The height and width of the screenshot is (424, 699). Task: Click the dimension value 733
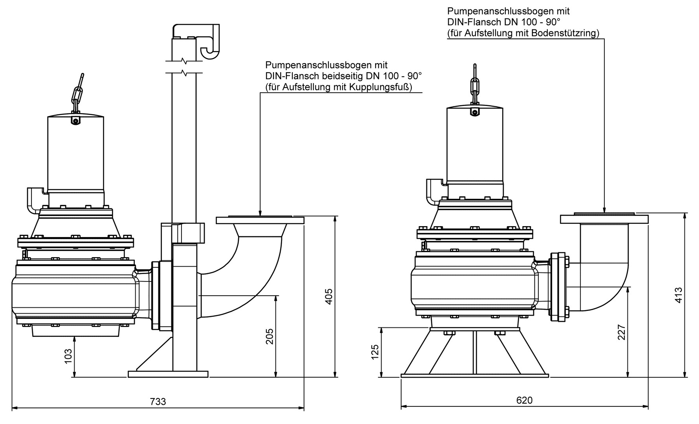coord(158,402)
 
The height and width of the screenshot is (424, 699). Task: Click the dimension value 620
coord(525,400)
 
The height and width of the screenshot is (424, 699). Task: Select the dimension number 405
coord(329,296)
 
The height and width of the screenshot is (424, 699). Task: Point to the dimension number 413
coord(678,296)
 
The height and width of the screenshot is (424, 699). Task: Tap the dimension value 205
coord(270,336)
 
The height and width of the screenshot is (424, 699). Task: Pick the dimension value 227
coord(622,332)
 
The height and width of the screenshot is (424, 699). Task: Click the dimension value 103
coord(68,356)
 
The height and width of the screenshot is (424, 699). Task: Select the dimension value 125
coord(375,352)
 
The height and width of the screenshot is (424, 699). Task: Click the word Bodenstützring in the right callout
coord(564,33)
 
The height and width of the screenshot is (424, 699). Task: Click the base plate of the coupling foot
coord(168,374)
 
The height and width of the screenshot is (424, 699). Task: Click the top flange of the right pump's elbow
coord(604,219)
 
